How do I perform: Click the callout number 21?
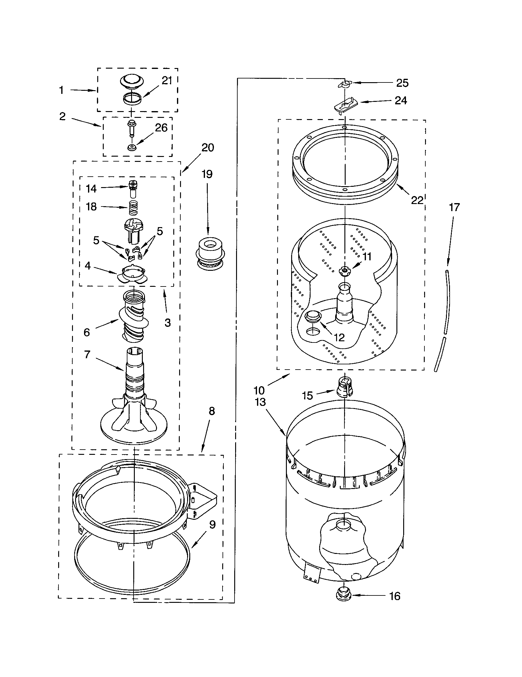coord(167,81)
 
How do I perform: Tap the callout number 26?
coord(161,128)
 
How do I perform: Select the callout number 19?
coord(207,174)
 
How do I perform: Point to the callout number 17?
coord(454,207)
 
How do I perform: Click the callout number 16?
coord(395,596)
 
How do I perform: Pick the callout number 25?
coord(402,83)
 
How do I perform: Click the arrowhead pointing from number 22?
coord(398,186)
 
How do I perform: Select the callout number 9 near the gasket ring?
coord(212,524)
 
